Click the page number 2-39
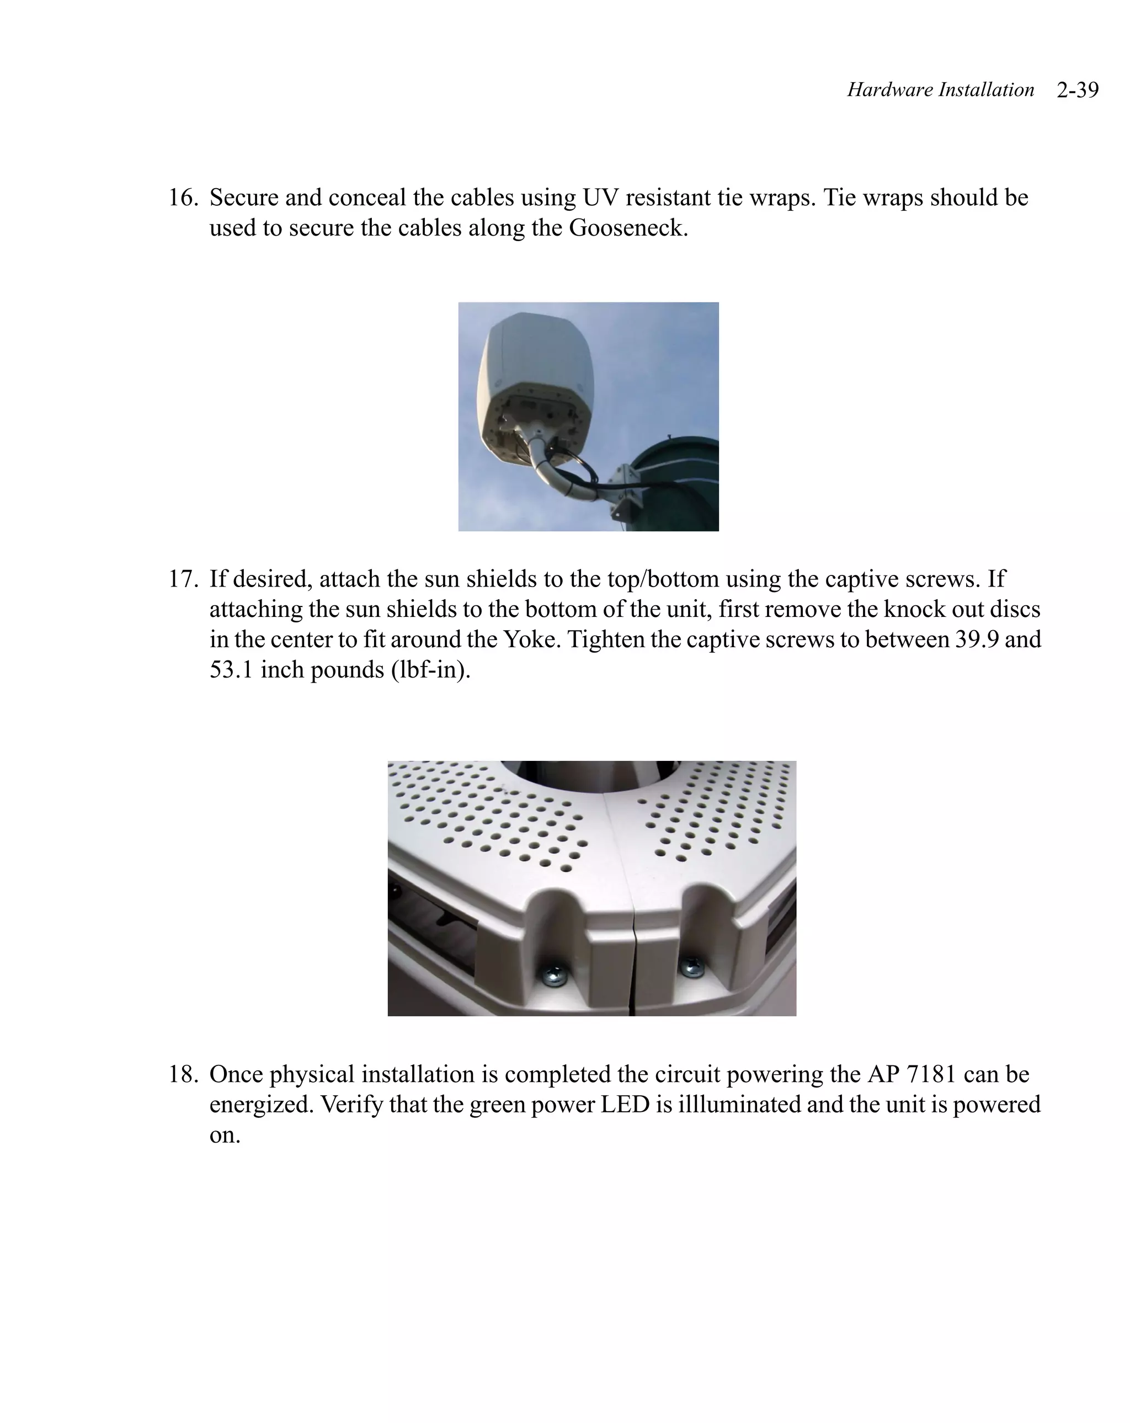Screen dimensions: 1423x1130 point(1076,90)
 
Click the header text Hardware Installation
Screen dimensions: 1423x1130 point(940,90)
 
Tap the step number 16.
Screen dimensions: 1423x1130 point(182,198)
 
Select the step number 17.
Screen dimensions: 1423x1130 point(182,579)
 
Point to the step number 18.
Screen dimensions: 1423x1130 point(182,1074)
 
